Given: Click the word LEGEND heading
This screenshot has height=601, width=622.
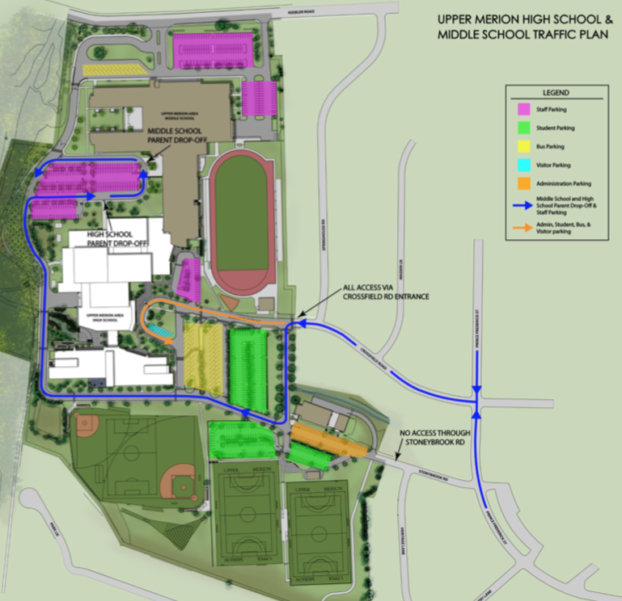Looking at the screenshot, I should point(556,93).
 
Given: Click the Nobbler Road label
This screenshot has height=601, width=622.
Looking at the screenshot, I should point(292,11).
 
